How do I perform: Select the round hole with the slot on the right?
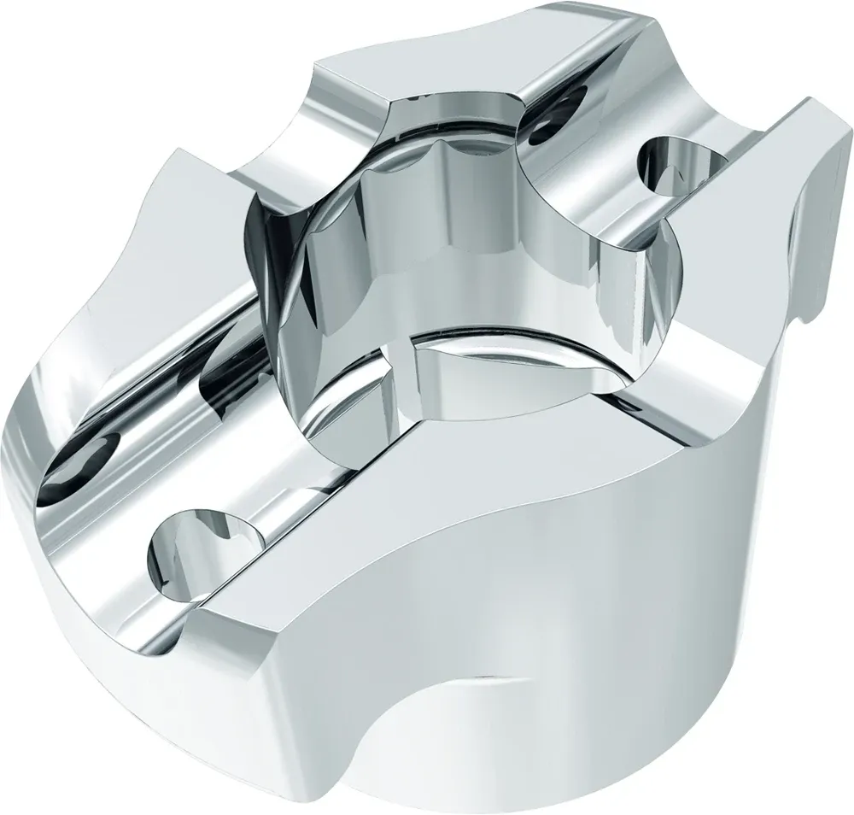coord(675,162)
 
